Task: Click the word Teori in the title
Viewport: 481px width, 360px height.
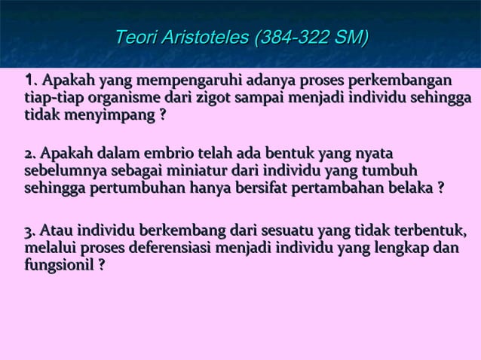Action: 134,37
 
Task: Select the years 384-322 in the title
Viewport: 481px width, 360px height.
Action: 295,37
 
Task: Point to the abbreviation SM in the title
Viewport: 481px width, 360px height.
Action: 350,37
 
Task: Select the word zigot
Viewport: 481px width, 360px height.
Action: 214,99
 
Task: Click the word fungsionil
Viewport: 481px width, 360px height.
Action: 57,264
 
